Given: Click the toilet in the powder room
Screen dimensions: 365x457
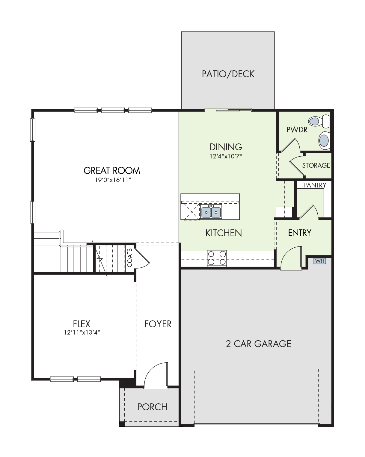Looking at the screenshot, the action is coord(319,121).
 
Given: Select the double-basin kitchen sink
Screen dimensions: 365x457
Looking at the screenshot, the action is coord(211,212).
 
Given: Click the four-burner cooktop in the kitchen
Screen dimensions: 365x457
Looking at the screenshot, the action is coord(217,258).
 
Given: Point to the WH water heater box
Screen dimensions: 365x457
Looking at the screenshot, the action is coord(320,261).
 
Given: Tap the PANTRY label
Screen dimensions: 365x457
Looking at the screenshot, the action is coord(315,185).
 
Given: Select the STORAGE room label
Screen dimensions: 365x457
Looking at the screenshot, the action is coord(316,165).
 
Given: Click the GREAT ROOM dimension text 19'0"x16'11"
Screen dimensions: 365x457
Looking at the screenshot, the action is coord(113,180).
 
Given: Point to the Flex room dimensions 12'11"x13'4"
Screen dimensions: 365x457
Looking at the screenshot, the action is coord(82,332).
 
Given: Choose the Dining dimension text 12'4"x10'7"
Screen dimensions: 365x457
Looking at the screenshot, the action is coord(226,156).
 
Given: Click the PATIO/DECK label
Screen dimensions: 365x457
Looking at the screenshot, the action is coord(228,74).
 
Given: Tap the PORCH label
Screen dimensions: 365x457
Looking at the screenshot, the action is coord(153,407).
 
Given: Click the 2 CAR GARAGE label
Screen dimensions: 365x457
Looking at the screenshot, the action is coord(258,344).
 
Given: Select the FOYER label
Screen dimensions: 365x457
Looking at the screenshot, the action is coord(158,324).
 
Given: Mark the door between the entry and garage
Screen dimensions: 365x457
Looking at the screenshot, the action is coord(291,258).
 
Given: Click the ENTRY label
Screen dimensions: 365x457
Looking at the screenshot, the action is coord(300,233).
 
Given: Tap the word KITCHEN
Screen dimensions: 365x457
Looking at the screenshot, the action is coord(224,233).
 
